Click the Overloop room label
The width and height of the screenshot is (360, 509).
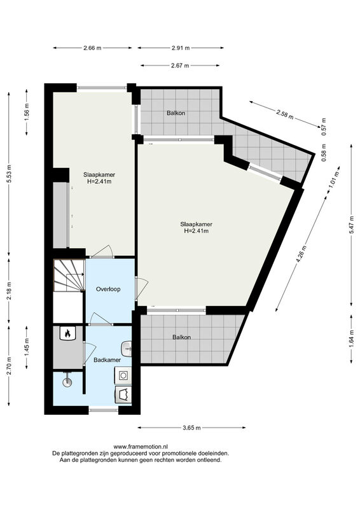coord(108,289)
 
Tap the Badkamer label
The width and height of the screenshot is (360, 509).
coord(107,360)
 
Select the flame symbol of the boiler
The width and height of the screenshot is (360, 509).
coord(68,333)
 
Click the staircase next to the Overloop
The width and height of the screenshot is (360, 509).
coord(68,275)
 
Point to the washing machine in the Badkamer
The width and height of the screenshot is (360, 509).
coord(123,375)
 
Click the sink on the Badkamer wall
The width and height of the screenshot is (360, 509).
coord(127,349)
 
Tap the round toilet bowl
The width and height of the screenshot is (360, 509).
coord(67,382)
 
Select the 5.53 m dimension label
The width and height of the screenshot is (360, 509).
coord(9,174)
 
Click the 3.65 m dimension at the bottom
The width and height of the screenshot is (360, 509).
coord(192,428)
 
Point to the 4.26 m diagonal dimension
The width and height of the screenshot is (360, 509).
coord(301,255)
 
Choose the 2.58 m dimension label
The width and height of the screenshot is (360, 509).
coord(285,114)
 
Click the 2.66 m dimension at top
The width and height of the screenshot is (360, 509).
coord(92,48)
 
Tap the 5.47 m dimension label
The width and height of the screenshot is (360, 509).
coord(351,225)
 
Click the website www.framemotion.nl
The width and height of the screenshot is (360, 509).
coord(141,447)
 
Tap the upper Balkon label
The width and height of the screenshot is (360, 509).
coord(176,113)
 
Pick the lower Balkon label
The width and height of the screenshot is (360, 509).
coord(181,337)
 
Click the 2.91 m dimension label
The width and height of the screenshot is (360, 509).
coord(181,48)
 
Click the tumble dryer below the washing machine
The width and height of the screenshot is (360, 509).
coord(123,394)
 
